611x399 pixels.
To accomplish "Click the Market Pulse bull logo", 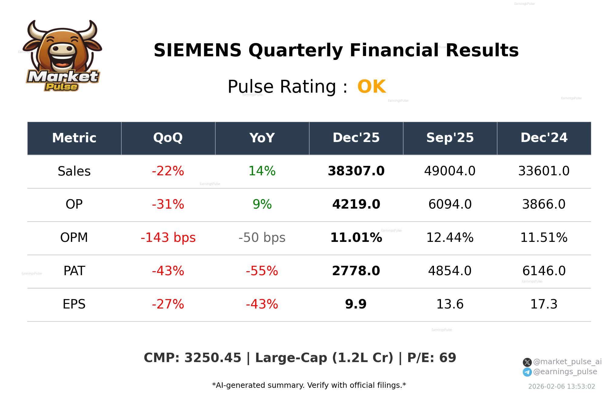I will (x=62, y=56).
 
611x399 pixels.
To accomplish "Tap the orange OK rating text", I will (x=371, y=87).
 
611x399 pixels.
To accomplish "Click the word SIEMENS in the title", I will (x=197, y=51).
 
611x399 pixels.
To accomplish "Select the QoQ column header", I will (x=168, y=138).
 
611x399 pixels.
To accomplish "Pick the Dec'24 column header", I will (x=544, y=138).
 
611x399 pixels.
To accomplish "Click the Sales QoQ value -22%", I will (x=168, y=171).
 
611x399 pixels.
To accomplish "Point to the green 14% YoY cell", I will (x=262, y=171).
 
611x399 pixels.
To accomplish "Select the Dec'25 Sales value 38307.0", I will (x=356, y=171).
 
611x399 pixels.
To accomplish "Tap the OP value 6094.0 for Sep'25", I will (x=450, y=205).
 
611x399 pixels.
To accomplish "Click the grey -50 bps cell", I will (x=262, y=238).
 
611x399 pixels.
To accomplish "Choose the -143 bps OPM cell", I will (x=168, y=238).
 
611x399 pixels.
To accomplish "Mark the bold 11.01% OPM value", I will (x=356, y=238).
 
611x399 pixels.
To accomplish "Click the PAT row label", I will (x=74, y=271).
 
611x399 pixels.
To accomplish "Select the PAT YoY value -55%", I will (x=262, y=271).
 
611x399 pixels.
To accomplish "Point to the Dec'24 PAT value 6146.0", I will (x=544, y=271).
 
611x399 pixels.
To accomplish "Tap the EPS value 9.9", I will (x=356, y=305).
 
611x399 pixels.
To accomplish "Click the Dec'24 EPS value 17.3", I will (x=544, y=305).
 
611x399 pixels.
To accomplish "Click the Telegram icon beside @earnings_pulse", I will (x=527, y=372).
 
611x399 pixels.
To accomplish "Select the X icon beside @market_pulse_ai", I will (x=527, y=362).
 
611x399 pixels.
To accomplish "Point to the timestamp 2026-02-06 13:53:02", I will (x=561, y=387).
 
